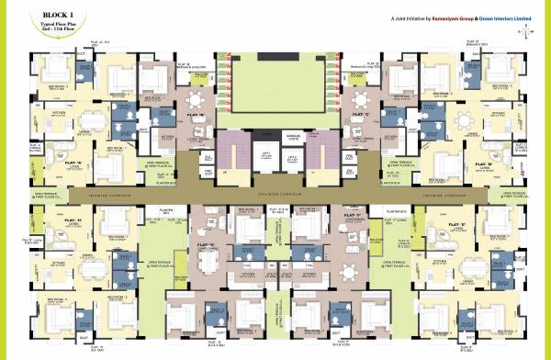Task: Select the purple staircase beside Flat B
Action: pos(229,146)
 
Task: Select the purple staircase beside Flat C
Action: pos(320,146)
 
